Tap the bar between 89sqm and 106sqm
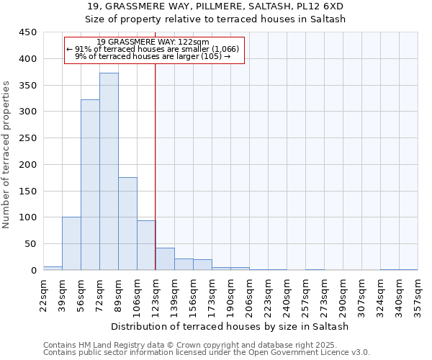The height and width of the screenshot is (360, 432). point(127,223)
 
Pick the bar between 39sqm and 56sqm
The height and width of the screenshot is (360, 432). point(71,243)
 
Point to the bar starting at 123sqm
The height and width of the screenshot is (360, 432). point(165,258)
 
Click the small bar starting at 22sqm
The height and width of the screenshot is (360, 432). point(53,268)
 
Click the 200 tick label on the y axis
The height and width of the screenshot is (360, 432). point(28,165)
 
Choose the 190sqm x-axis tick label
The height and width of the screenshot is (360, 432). point(230,295)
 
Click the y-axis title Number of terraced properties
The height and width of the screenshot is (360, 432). point(7,154)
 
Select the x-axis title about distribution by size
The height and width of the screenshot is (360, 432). point(230,326)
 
